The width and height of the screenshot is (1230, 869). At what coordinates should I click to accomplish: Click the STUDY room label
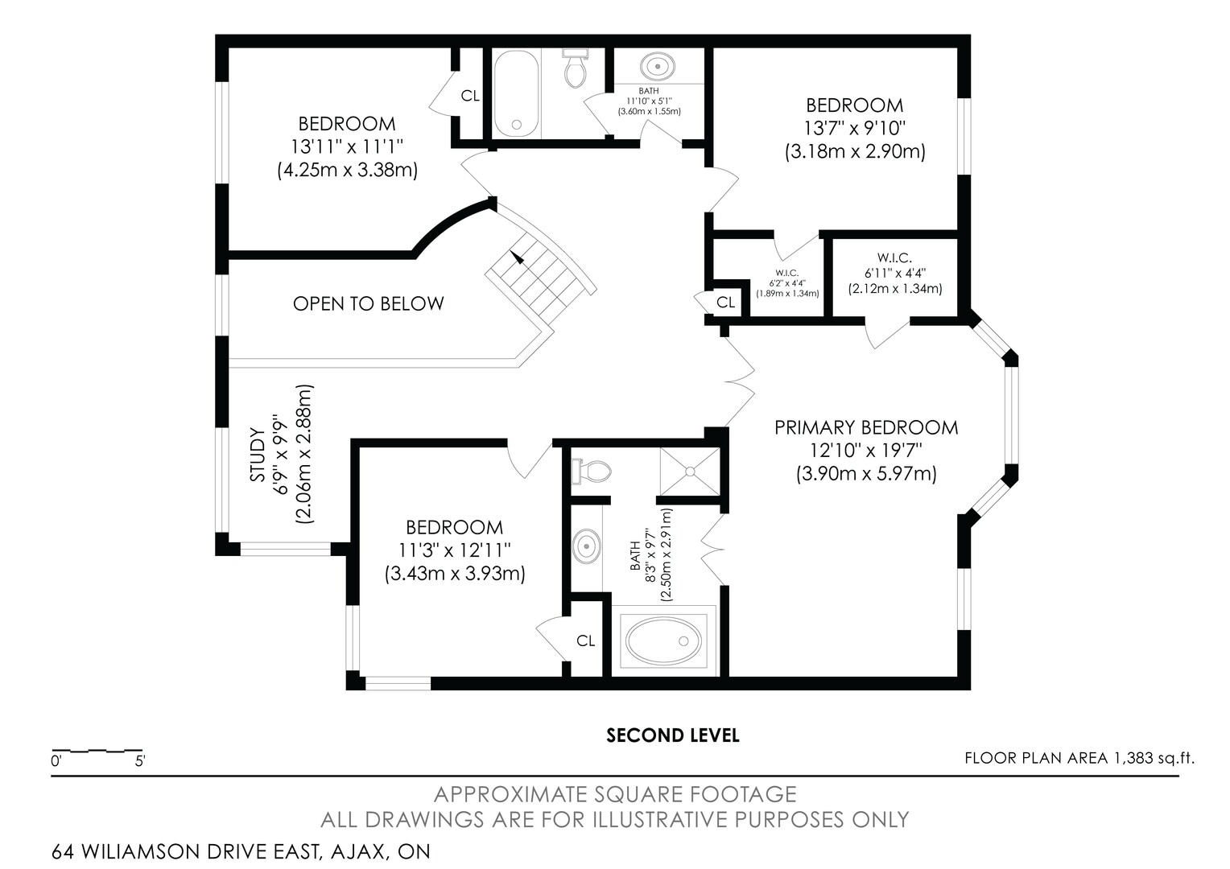258,455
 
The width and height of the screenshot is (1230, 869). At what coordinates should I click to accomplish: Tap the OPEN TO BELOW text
368,303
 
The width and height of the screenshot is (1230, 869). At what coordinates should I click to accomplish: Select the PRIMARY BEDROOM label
866,427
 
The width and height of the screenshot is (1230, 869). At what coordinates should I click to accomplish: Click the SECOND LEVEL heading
673,735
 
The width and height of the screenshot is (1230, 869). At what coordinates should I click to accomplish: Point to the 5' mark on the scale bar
140,761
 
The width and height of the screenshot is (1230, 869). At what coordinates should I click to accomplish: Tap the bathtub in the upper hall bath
516,93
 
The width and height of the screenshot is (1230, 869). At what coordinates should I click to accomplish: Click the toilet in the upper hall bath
576,68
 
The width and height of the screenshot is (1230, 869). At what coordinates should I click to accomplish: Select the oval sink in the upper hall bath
658,67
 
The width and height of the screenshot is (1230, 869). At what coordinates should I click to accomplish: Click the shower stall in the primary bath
690,472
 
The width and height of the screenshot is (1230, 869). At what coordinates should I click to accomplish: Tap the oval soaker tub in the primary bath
664,640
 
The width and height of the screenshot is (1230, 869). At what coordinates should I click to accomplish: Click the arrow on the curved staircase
517,257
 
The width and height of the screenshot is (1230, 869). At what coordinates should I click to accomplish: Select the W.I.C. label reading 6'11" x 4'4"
895,273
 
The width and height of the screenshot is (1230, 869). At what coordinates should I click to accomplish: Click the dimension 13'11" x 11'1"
347,146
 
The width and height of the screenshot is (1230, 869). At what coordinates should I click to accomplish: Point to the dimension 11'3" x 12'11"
455,550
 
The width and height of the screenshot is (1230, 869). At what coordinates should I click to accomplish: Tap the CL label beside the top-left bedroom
470,96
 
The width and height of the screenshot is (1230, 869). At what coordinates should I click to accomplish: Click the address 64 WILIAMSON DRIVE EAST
186,851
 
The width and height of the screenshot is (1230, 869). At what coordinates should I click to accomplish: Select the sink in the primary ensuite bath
587,547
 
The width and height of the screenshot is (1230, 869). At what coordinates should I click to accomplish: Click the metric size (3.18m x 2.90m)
855,151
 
